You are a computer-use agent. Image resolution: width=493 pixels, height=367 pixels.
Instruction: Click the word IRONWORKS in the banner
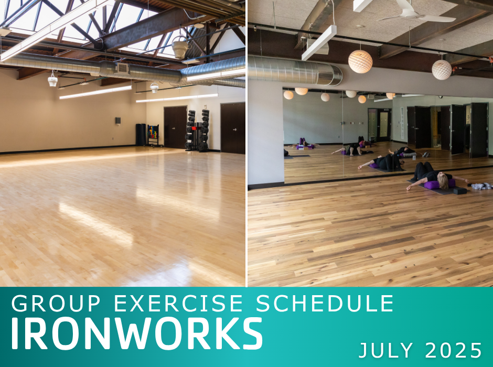pos(137,333)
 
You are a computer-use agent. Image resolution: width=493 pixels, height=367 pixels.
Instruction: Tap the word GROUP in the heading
pos(56,303)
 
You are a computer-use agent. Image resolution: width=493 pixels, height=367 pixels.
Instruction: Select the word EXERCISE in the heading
pos(178,303)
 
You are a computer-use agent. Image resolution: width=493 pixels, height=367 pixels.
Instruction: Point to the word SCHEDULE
pos(325,303)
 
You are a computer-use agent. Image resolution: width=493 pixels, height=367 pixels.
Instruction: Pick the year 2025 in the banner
pos(453,350)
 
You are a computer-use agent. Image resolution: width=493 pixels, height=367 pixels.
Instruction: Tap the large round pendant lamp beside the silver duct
pos(360,61)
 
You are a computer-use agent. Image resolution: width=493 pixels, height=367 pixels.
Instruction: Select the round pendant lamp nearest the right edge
pos(442,69)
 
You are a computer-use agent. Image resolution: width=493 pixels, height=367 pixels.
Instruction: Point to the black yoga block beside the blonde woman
pos(460,190)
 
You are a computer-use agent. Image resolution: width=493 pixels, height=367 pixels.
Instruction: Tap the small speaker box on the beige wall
pos(118,121)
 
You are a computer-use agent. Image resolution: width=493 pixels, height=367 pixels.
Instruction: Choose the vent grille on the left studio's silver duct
pos(123,68)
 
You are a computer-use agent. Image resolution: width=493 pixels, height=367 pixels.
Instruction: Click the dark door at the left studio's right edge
pos(233,128)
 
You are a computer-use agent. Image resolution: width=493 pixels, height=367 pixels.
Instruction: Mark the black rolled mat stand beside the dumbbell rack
pos(141,135)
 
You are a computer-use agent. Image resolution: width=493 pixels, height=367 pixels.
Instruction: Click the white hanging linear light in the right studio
pos(319,43)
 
